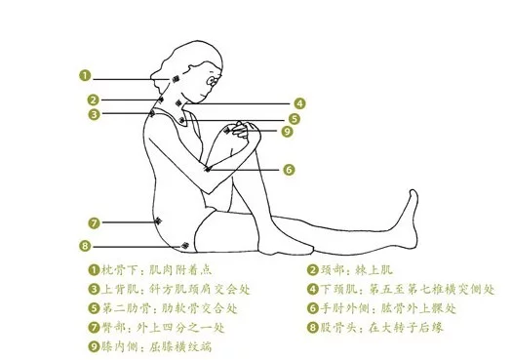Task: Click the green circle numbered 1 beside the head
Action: [85, 76]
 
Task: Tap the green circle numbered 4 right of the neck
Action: [299, 103]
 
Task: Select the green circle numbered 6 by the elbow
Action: [289, 170]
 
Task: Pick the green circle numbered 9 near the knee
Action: [287, 132]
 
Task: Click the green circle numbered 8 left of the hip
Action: [85, 246]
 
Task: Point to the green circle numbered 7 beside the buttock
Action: [94, 223]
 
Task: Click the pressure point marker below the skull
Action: [176, 79]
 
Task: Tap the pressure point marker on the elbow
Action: [208, 169]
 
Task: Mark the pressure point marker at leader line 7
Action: [158, 221]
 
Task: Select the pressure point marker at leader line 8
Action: [185, 245]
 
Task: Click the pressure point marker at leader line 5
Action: [181, 121]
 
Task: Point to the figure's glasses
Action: [213, 80]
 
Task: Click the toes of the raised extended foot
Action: [414, 193]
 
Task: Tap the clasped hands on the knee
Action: [243, 130]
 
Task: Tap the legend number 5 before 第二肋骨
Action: [94, 308]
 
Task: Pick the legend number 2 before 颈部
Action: [312, 270]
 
